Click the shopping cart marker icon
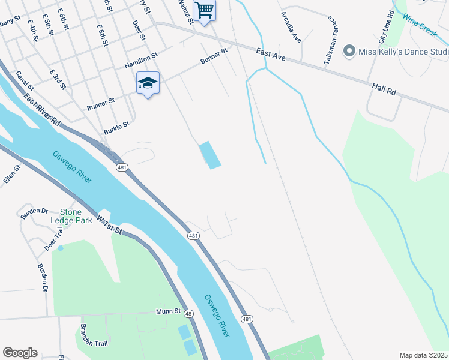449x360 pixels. coord(204,10)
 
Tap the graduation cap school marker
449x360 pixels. coord(148,83)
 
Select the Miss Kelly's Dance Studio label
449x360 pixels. coord(403,52)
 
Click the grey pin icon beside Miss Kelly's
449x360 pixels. coord(349,52)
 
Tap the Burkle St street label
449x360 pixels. coord(116,128)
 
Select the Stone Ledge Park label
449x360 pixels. coord(76,216)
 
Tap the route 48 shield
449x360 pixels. coord(188,313)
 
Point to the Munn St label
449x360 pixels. coord(169,311)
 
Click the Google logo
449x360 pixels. coord(20,353)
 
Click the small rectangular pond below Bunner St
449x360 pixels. coord(209,155)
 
